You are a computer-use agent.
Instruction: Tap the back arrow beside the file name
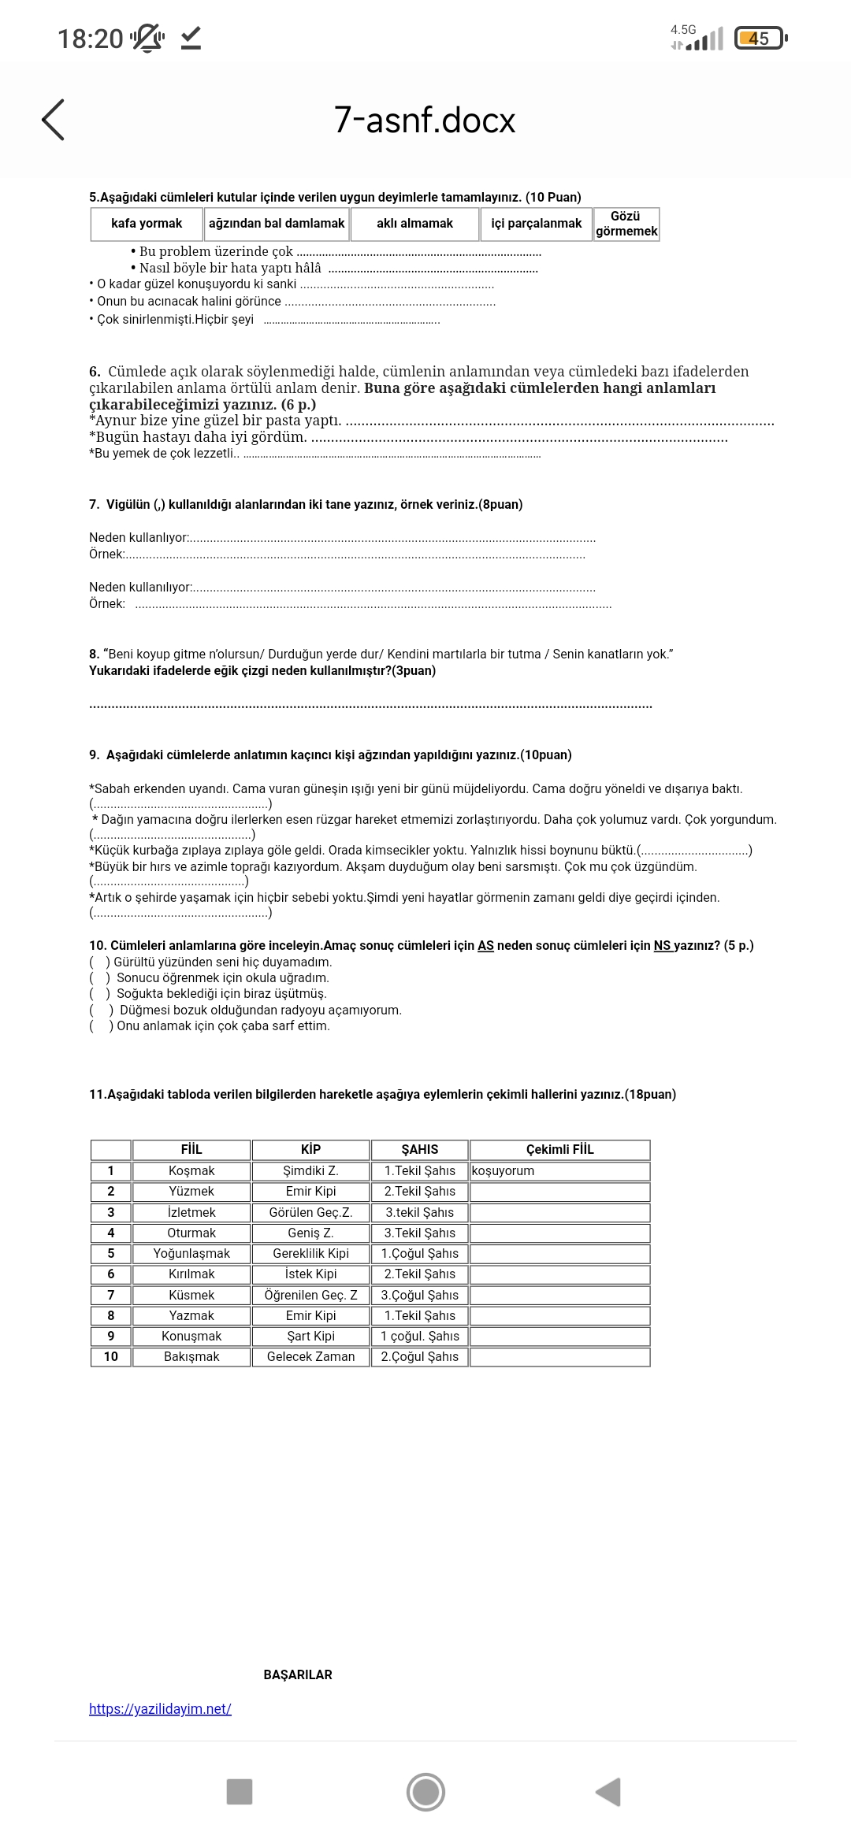pyautogui.click(x=54, y=121)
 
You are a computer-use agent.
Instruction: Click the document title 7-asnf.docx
pyautogui.click(x=425, y=121)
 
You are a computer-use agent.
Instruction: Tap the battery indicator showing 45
pyautogui.click(x=759, y=39)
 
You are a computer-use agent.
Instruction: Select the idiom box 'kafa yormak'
pyautogui.click(x=147, y=224)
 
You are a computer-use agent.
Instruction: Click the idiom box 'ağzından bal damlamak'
pyautogui.click(x=277, y=224)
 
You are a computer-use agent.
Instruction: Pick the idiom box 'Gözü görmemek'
pyautogui.click(x=626, y=224)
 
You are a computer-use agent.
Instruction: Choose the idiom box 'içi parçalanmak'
pyautogui.click(x=536, y=224)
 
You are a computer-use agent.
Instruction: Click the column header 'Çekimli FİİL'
pyautogui.click(x=559, y=1150)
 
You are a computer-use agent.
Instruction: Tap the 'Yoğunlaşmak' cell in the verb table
pyautogui.click(x=191, y=1254)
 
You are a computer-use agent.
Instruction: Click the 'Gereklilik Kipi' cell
pyautogui.click(x=310, y=1254)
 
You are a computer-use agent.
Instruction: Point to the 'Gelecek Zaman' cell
pyautogui.click(x=310, y=1357)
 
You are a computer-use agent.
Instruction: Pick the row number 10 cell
pyautogui.click(x=110, y=1357)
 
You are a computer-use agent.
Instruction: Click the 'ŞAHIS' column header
pyautogui.click(x=419, y=1150)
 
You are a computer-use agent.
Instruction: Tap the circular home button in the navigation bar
pyautogui.click(x=425, y=1792)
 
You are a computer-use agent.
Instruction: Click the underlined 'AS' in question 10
pyautogui.click(x=485, y=946)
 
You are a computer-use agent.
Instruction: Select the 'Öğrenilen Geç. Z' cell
pyautogui.click(x=310, y=1296)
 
